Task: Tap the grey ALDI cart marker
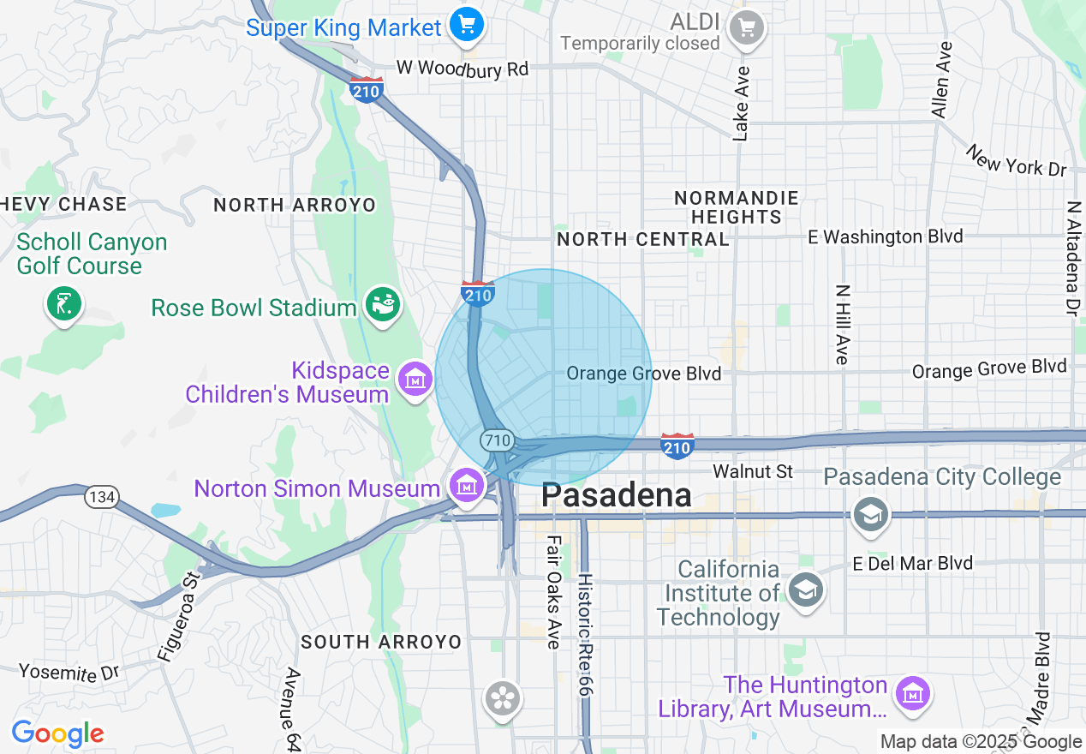point(746,27)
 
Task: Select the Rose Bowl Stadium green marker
point(382,304)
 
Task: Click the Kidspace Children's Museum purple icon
point(415,378)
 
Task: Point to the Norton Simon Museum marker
point(466,486)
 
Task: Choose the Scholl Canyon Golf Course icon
point(64,303)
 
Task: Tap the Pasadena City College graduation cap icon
point(870,513)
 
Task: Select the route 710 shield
point(497,441)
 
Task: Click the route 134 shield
point(101,496)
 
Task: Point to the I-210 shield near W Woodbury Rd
point(367,89)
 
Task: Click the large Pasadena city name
point(616,495)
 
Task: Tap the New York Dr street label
point(1017,160)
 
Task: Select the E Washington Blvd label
point(886,236)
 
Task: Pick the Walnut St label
point(753,471)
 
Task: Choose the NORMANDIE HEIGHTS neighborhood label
point(737,207)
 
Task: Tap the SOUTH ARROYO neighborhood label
point(381,642)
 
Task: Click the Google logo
point(57,733)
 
